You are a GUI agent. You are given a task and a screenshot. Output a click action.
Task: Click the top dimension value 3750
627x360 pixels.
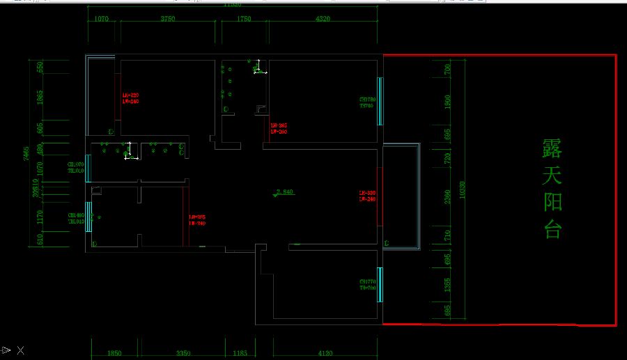[x=167, y=19]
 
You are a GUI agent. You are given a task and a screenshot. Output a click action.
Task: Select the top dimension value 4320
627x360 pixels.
[x=323, y=19]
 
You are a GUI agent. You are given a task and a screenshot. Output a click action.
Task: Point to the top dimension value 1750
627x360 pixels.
[x=243, y=19]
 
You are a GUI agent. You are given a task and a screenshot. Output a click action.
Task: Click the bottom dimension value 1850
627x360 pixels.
[x=115, y=354]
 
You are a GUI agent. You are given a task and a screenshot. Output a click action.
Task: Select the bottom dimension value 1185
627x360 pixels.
[x=240, y=354]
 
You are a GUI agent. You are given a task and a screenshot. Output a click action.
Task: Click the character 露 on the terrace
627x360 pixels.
[x=552, y=148]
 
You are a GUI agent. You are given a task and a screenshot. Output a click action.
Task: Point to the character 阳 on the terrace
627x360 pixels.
[x=552, y=203]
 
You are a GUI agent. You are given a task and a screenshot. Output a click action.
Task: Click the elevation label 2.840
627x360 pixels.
[x=286, y=191]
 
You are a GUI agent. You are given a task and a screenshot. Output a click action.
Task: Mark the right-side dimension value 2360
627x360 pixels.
[x=448, y=200]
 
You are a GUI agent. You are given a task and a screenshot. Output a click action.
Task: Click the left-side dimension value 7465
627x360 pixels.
[x=26, y=154]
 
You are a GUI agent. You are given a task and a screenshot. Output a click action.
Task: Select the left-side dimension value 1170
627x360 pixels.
[x=40, y=217]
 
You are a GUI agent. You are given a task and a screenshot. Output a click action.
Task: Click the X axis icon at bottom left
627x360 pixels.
[x=21, y=350]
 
